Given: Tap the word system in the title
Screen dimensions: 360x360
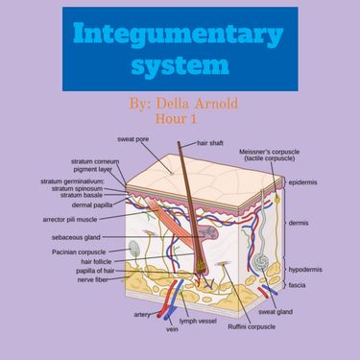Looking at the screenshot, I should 180,67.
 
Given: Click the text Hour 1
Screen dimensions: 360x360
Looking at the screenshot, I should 180,118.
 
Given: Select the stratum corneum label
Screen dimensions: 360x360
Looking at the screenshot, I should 94,161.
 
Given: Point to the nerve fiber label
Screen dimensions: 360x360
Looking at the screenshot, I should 97,280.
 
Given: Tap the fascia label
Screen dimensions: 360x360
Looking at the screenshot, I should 297,285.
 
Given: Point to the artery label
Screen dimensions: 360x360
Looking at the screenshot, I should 142,314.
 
